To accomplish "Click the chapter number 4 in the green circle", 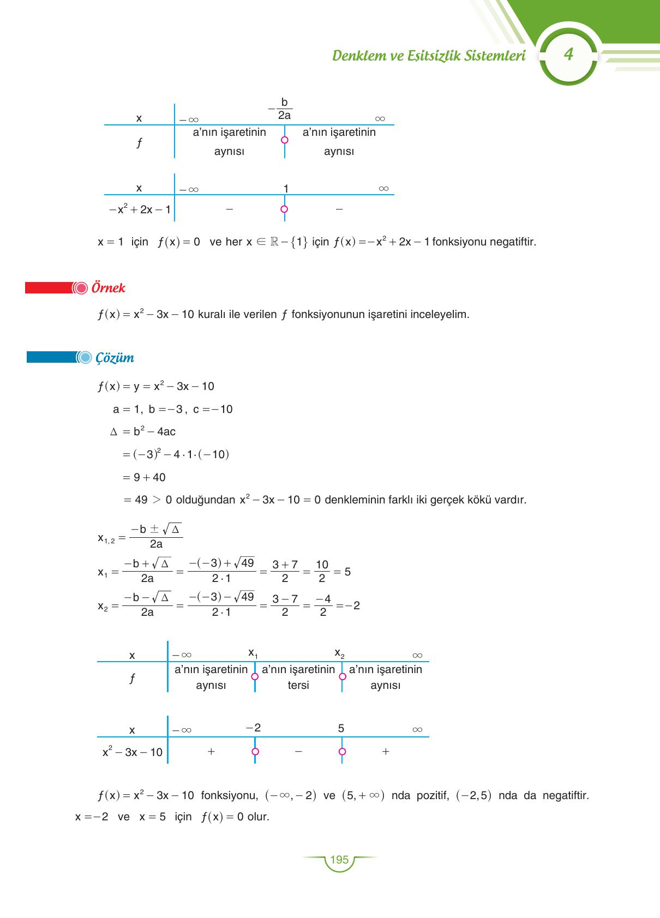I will pos(569,55).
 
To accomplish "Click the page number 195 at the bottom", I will pos(339,860).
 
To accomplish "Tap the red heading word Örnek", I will pos(109,288).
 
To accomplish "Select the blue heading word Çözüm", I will pos(115,358).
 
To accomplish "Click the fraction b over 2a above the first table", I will pos(284,109).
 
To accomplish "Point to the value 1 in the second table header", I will pos(286,189).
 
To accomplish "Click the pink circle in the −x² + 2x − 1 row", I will pos(284,209).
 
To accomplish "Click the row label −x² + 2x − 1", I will pos(140,209).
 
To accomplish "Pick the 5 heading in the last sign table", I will pos(341,728).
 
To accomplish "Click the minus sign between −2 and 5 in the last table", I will pos(298,752).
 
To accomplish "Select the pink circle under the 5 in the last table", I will pos(342,752).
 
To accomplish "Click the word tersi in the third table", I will pos(298,686).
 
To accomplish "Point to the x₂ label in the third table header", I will pos(339,653).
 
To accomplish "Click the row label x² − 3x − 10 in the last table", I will pos(133,752).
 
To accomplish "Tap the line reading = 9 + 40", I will pos(145,477).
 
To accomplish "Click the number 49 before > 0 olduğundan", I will pos(141,500).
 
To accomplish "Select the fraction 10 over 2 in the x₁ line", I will pos(322,572).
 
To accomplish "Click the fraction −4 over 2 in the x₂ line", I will pos(323,605).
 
